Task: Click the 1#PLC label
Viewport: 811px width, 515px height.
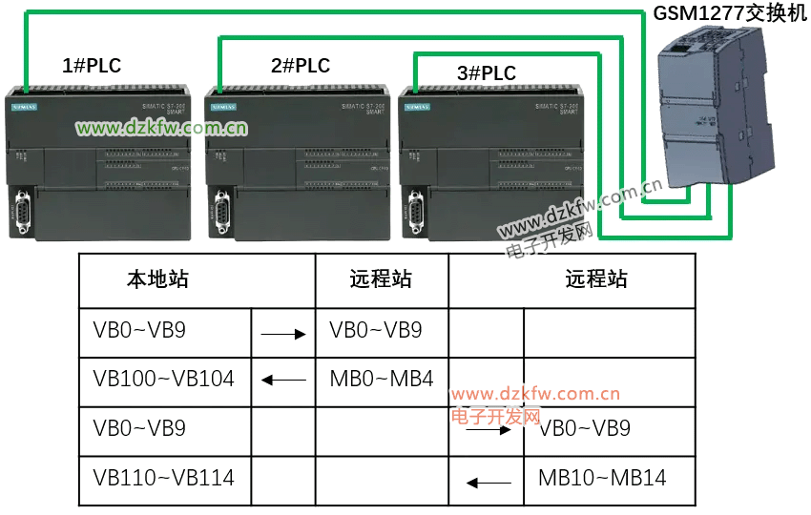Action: (92, 66)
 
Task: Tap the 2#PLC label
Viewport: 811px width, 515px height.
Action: (301, 66)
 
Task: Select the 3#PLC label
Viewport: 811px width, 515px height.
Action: (487, 73)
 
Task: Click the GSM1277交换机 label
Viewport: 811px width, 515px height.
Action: (730, 14)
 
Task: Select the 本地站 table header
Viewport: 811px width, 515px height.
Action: (157, 279)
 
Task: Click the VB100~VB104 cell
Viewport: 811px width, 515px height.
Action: (164, 379)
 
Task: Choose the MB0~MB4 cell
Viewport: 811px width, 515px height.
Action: (382, 379)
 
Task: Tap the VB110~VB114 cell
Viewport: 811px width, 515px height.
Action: (164, 477)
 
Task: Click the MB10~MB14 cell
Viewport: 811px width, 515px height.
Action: (602, 478)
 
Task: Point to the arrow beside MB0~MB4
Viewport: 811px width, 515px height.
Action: (283, 381)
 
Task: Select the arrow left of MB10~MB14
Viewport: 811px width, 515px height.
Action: (489, 483)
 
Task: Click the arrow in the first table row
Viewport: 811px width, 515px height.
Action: (283, 334)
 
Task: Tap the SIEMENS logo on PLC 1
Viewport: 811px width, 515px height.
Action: (23, 107)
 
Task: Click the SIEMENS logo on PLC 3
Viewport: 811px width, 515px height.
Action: (417, 107)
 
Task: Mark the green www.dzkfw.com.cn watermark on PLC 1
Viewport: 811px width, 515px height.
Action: (162, 128)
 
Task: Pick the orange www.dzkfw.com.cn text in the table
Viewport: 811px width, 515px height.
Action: (536, 394)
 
